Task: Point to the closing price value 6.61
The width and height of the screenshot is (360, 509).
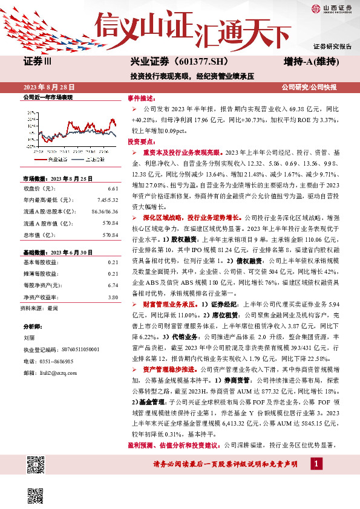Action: point(112,189)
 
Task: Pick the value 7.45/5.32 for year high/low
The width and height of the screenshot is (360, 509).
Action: point(106,199)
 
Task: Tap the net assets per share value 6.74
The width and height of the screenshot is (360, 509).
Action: point(112,267)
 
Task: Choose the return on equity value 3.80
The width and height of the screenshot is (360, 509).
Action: point(112,280)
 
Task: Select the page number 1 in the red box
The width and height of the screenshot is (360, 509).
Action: point(316,463)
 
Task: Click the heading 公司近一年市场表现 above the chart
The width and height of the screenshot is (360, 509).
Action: point(47,97)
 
